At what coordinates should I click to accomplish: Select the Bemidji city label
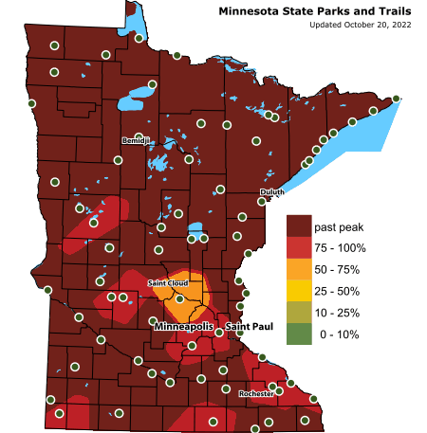pos(136,141)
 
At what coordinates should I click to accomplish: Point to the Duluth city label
pos(271,192)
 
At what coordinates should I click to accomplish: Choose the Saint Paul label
pos(249,327)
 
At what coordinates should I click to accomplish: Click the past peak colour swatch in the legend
pos(299,226)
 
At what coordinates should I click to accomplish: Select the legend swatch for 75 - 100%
pos(299,248)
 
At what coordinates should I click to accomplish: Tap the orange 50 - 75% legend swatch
pos(299,269)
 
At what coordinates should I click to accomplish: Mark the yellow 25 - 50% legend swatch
pos(299,291)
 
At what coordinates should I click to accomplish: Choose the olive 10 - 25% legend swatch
pos(299,312)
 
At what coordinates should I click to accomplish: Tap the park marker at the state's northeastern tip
pos(396,99)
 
